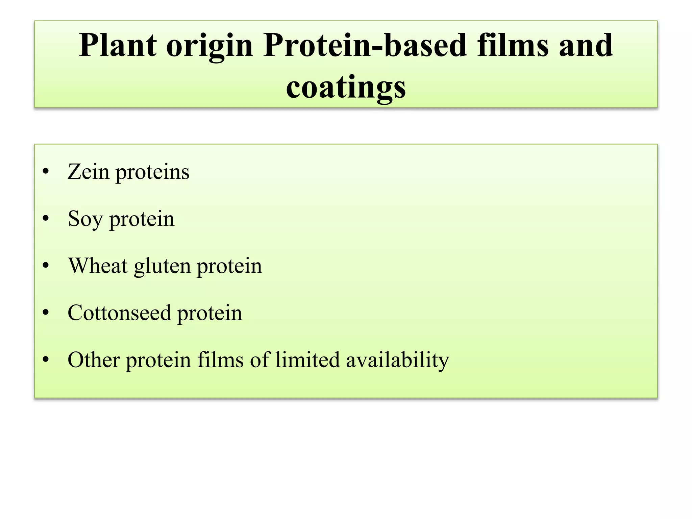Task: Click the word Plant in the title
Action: [118, 46]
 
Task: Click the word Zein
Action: [88, 172]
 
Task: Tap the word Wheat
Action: [98, 266]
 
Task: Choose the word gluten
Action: [162, 267]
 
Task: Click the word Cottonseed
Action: [119, 313]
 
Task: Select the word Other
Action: [94, 360]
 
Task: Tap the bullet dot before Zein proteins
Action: [46, 172]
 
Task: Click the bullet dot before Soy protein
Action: [46, 219]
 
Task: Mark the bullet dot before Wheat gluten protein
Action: [46, 266]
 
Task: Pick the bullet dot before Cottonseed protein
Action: [46, 313]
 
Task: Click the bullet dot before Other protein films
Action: [46, 360]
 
